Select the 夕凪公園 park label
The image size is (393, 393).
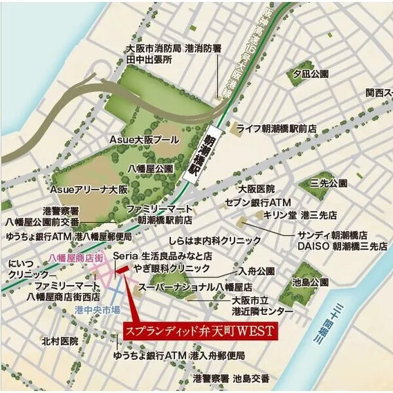pos(310,73)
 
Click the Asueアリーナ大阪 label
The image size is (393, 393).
pos(89,189)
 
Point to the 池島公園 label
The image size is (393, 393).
pos(311,282)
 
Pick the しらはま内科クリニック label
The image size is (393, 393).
pos(213,241)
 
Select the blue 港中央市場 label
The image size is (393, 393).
pos(98,309)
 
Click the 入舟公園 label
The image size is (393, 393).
pos(257,270)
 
